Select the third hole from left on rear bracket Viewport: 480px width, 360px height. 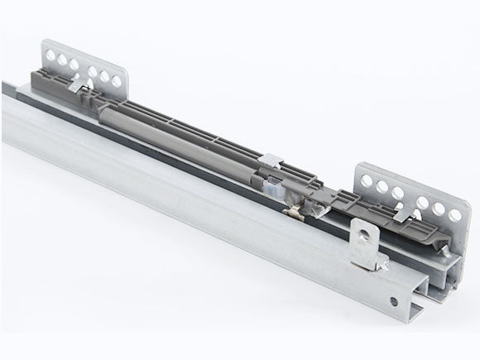coord(74,65)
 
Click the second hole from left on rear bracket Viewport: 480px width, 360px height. coord(63,60)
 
